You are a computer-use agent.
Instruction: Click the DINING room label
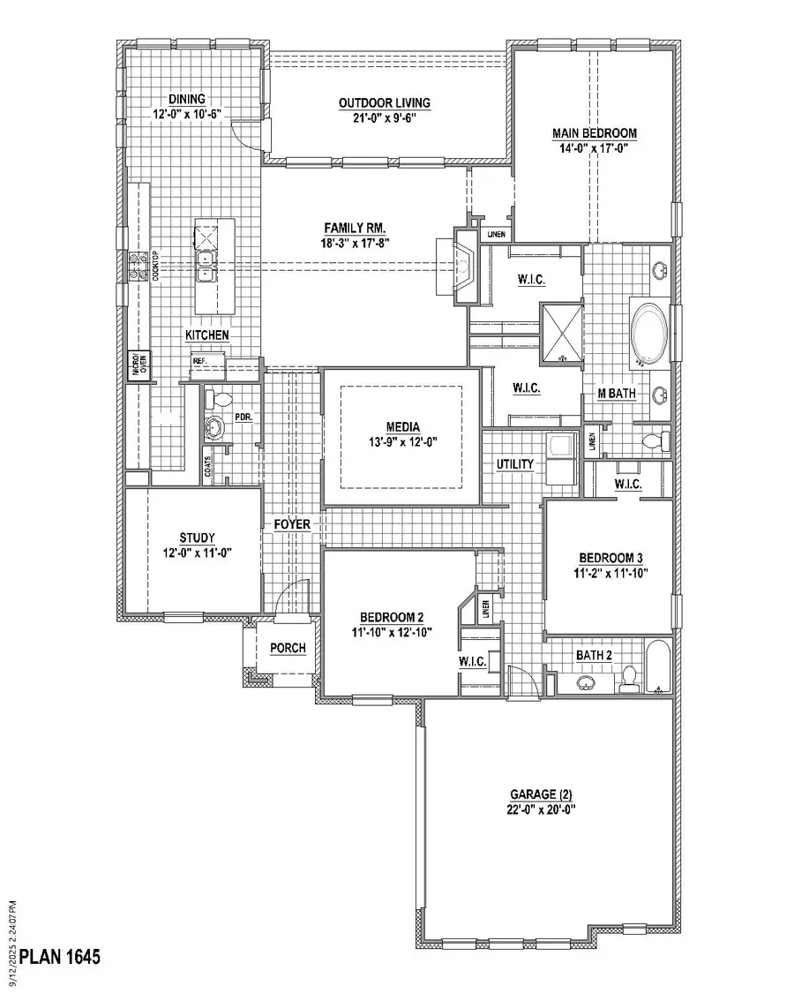click(x=187, y=99)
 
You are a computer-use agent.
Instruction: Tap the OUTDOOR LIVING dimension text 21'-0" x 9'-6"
click(x=386, y=119)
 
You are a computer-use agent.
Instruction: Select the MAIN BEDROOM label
click(x=595, y=133)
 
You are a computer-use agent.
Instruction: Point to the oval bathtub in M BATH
click(x=651, y=335)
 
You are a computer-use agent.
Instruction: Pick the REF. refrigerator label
click(x=199, y=362)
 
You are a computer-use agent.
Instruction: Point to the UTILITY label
click(x=515, y=463)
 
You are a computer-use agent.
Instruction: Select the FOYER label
click(x=292, y=524)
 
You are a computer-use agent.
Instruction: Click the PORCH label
click(x=288, y=648)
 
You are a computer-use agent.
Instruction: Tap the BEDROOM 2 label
click(x=393, y=617)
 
